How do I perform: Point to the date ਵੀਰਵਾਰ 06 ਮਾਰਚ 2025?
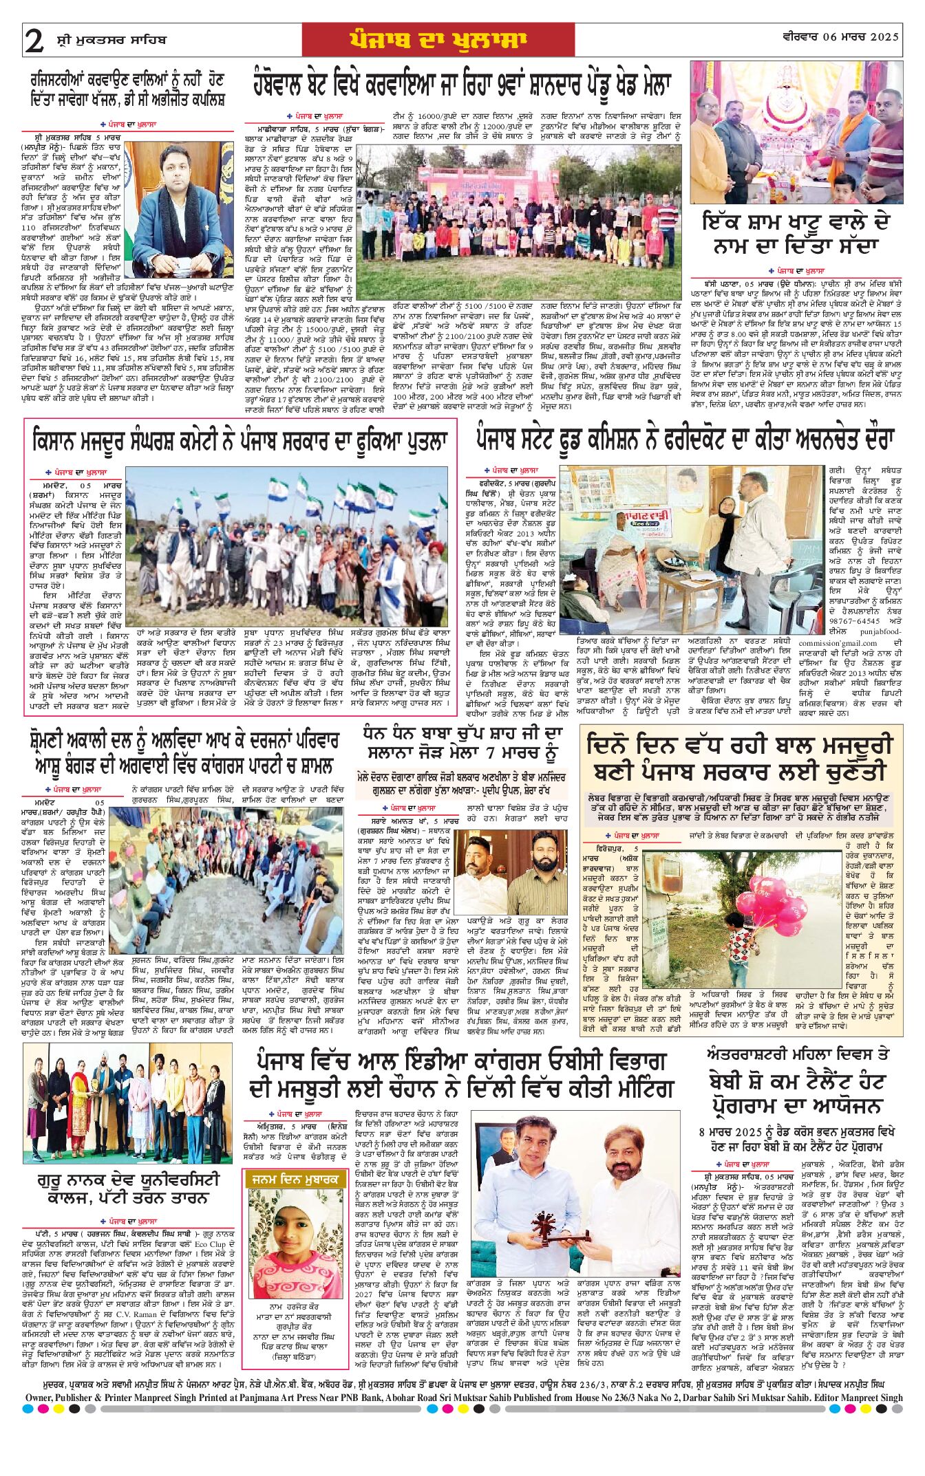840,37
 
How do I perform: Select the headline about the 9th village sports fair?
461,83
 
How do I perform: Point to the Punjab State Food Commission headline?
683,439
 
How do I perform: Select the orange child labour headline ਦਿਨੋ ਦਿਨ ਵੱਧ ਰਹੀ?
741,758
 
